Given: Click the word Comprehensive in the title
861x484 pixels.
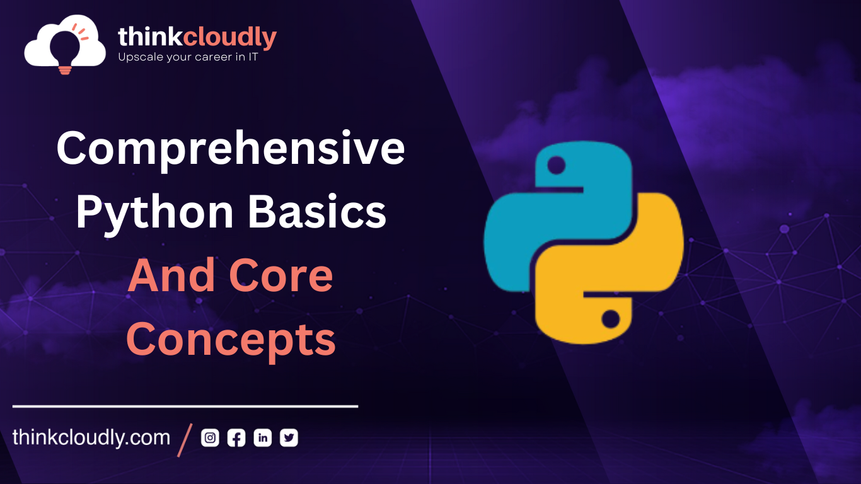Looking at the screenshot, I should click(x=231, y=149).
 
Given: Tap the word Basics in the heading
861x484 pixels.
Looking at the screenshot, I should click(x=317, y=212).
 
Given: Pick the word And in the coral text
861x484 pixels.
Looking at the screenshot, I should click(x=168, y=276).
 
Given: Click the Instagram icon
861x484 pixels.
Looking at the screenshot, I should click(x=210, y=438).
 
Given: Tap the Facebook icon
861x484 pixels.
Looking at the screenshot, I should click(x=236, y=438).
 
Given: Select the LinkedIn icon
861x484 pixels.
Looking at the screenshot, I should click(x=263, y=438).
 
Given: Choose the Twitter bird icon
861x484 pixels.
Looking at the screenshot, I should click(x=289, y=438).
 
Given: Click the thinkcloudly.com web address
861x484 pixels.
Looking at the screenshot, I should click(x=91, y=438).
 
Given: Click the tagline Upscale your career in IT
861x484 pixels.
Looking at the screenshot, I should click(x=188, y=57).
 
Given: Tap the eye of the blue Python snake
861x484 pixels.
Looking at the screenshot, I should click(x=556, y=166).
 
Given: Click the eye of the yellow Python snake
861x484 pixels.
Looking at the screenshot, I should click(x=610, y=319).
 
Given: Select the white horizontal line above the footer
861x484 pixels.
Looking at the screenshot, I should click(x=185, y=406).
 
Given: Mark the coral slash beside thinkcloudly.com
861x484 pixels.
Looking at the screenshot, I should click(x=185, y=439).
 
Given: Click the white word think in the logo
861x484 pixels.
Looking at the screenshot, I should click(x=150, y=37).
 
